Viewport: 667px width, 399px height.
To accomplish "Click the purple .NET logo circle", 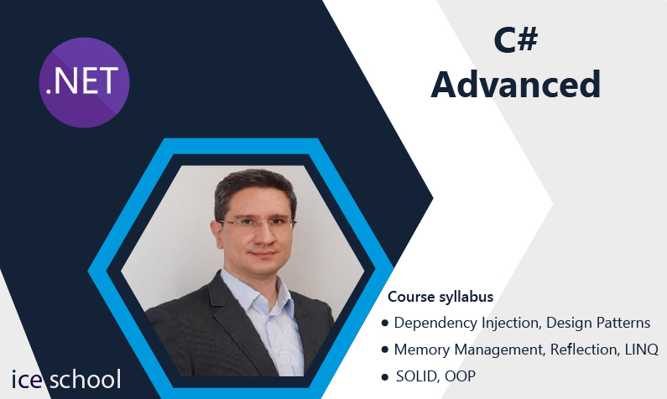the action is (x=84, y=82).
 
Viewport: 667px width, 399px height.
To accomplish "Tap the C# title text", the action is (x=516, y=40).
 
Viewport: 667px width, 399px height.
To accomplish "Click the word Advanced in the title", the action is (x=516, y=85).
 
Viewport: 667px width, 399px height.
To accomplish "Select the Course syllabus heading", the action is (x=440, y=297).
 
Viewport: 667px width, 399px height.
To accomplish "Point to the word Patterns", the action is (x=623, y=323).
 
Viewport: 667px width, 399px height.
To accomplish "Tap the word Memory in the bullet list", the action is (x=422, y=350).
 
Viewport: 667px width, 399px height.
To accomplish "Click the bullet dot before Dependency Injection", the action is (x=385, y=324).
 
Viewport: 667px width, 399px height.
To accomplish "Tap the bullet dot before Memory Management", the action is (x=385, y=350).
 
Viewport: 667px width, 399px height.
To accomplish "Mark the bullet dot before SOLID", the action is (x=385, y=376).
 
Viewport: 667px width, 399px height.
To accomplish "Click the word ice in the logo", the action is (x=27, y=379).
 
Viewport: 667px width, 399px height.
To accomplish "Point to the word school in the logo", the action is (x=85, y=379).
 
